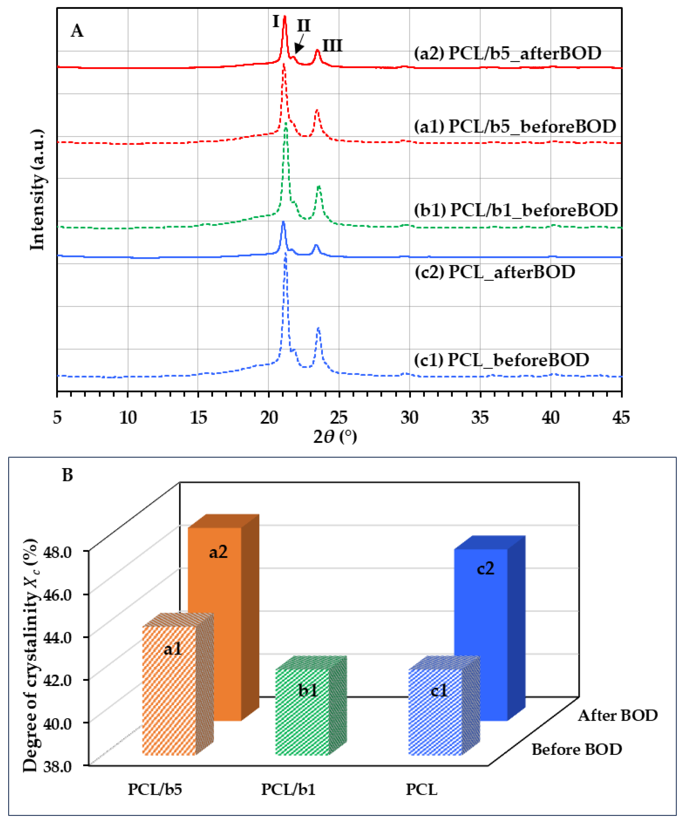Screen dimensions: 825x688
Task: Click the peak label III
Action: tap(332, 46)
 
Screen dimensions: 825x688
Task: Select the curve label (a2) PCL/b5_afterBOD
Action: tap(507, 53)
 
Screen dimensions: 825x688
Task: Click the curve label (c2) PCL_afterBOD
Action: tap(495, 272)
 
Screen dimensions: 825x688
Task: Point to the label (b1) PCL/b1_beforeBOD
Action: tap(516, 210)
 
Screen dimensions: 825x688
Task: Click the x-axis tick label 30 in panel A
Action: tap(409, 418)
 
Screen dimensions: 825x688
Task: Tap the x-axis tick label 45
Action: tap(621, 418)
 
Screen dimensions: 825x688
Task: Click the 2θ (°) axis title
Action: tap(335, 437)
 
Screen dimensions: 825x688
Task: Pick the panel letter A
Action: tap(77, 31)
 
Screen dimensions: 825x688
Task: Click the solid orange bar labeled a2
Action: tap(214, 613)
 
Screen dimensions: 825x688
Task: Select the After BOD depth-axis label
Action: tap(617, 716)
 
